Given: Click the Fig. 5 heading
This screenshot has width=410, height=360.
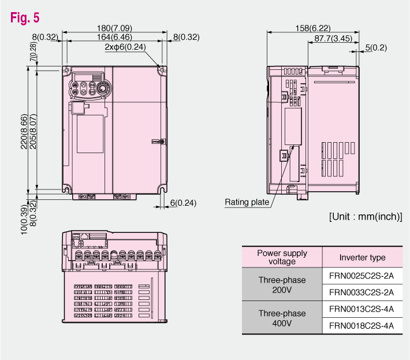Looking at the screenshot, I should [25, 17].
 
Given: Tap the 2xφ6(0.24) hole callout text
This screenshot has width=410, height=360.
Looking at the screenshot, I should [126, 47].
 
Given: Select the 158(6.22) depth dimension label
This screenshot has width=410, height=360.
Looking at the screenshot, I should [313, 28].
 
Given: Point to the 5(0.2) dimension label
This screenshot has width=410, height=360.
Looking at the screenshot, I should [376, 47].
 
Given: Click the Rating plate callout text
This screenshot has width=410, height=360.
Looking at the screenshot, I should [247, 202].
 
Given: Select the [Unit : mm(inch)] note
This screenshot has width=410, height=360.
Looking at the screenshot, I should [366, 217].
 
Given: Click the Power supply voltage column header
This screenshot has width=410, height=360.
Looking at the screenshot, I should [282, 257].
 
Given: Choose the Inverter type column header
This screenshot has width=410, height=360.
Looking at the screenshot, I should [362, 257].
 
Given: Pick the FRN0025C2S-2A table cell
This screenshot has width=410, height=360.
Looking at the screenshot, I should [362, 276].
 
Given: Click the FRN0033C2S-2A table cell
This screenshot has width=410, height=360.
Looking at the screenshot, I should [362, 292].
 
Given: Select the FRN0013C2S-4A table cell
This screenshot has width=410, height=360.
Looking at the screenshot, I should [362, 309].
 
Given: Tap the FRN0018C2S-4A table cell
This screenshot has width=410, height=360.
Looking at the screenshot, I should [362, 326].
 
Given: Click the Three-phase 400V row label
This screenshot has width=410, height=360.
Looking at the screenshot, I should [282, 318].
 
